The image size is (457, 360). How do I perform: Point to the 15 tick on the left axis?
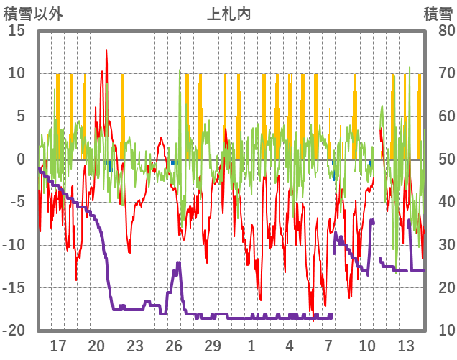coord(17,30)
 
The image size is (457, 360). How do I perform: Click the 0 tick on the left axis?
coord(21,159)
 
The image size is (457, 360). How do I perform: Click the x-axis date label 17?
coord(57,346)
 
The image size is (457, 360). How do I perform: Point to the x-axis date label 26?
coord(174,346)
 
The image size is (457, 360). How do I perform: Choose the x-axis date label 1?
coord(251,346)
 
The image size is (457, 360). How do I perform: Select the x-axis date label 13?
coord(406,346)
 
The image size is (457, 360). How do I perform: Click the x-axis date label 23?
coord(135,346)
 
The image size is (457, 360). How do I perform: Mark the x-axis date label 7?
coord(328,346)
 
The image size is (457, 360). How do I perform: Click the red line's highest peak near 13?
coord(106,50)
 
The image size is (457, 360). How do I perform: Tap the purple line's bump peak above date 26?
coord(177,263)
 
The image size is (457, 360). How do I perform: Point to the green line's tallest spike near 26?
coord(180,70)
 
